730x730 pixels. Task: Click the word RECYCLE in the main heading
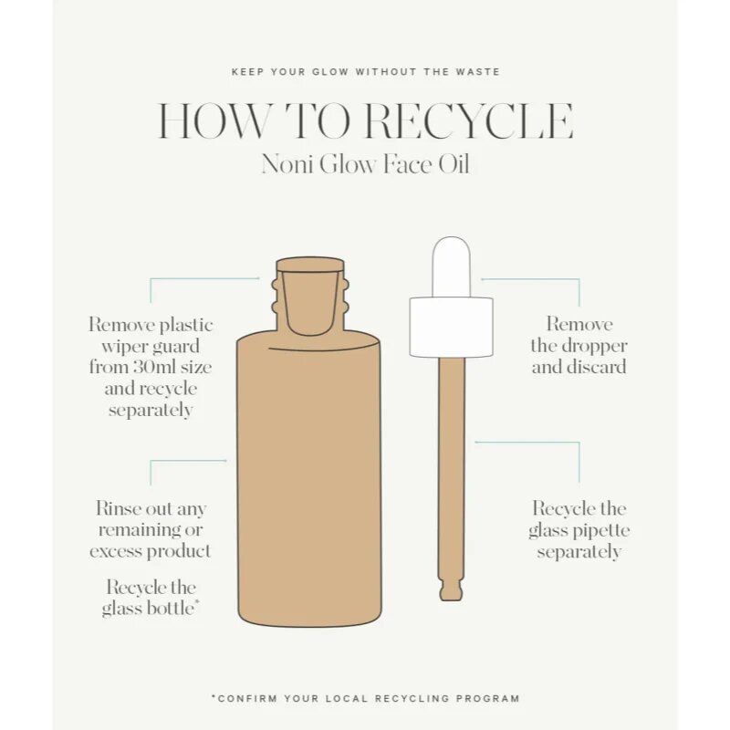468,121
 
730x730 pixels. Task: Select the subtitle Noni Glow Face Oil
365,164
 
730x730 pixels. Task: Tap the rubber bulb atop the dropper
451,266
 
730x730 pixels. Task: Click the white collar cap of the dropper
451,328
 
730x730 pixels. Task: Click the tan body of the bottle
309,480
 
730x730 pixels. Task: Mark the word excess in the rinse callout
117,552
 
